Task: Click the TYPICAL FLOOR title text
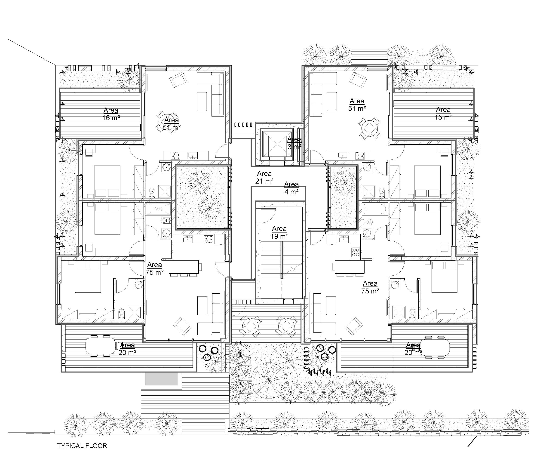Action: point(82,446)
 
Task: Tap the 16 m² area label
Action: point(111,114)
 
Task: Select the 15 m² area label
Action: point(443,113)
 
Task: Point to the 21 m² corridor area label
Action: point(264,178)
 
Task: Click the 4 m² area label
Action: point(291,188)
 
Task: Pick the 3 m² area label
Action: point(294,143)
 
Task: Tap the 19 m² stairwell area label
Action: point(279,232)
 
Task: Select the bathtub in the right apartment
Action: point(374,209)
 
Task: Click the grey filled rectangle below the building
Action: point(162,379)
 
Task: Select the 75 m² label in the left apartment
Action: point(155,268)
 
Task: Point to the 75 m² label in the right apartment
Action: point(370,287)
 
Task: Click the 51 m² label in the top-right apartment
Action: point(357,105)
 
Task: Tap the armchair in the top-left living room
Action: point(178,80)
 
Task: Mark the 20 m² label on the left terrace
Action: point(127,349)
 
